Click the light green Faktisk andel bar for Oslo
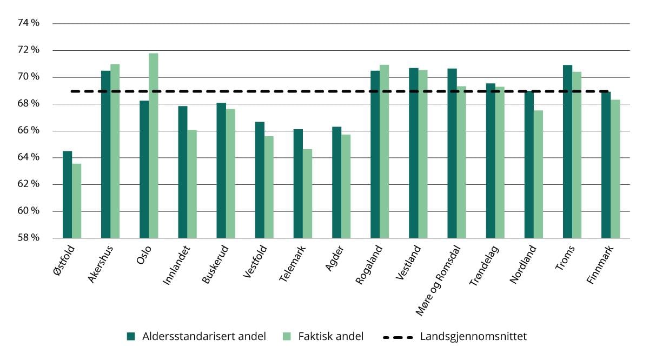pos(154,146)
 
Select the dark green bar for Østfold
pos(67,195)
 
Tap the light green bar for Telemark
pos(307,194)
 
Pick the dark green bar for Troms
pos(567,151)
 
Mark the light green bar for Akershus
pos(115,151)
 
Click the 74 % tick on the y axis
pos(29,23)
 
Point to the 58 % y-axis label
pos(29,238)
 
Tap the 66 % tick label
pos(29,131)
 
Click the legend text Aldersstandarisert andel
pos(204,336)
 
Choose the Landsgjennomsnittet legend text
pos(473,336)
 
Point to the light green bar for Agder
pos(346,186)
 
